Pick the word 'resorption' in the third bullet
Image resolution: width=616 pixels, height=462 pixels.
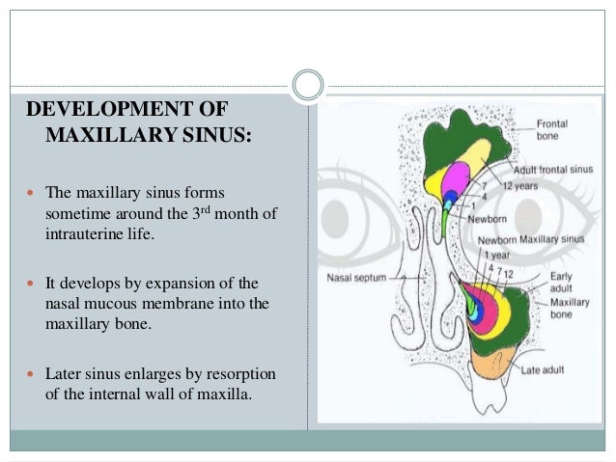coord(230,373)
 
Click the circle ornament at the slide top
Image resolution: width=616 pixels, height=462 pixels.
coord(308,86)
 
